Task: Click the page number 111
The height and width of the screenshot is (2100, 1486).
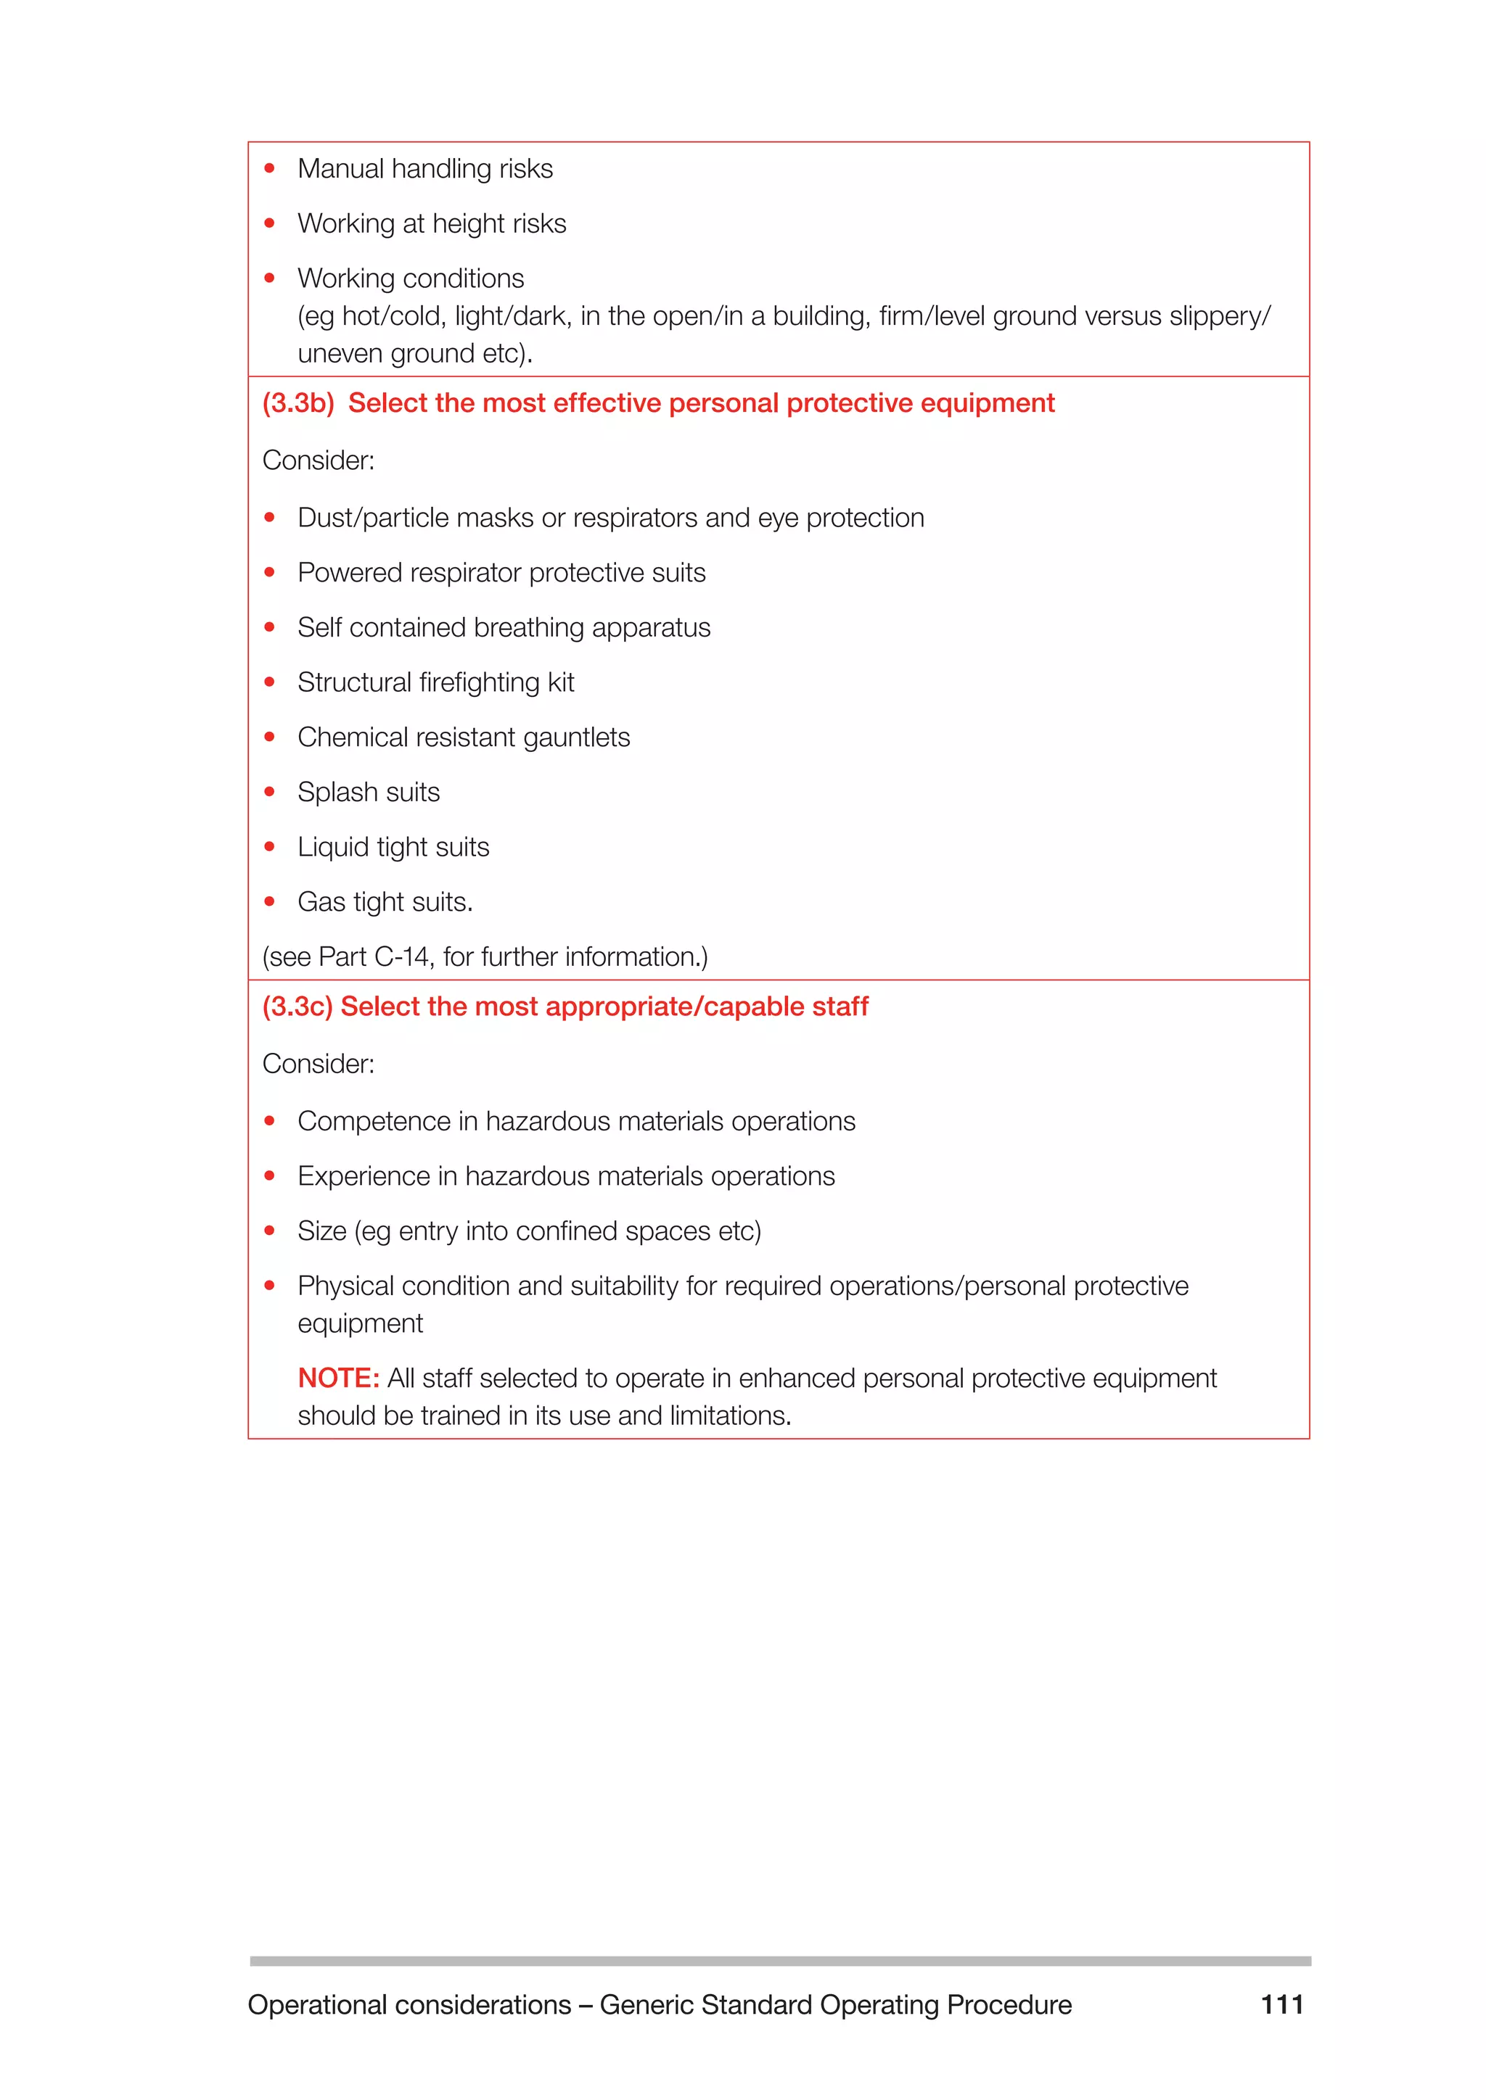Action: [1281, 2005]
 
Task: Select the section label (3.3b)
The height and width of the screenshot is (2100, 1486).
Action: [298, 403]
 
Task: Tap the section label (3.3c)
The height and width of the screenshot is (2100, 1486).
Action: [297, 1007]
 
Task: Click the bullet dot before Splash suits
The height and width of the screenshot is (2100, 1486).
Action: [269, 792]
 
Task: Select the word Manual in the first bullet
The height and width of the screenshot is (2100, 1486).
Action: [340, 169]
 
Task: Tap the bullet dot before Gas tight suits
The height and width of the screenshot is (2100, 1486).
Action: [269, 902]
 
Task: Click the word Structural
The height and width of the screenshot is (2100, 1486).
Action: [354, 682]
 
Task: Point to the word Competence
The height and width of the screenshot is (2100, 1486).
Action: [361, 1121]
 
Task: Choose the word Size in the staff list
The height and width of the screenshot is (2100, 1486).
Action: [321, 1231]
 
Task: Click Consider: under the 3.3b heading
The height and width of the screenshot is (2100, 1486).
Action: [319, 460]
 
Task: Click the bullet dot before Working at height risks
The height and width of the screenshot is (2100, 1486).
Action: [269, 224]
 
